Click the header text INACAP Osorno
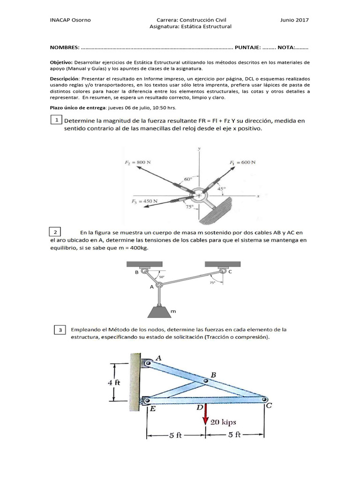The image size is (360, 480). point(70,20)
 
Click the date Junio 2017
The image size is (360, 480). point(294,20)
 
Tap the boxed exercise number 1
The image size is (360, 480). point(56,120)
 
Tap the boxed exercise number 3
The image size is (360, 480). point(60,331)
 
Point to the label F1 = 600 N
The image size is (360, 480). point(242,162)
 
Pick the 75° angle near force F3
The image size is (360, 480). point(189,207)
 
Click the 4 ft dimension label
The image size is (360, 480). point(114,382)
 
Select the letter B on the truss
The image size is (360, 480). point(213,375)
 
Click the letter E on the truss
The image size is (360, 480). point(153,408)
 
